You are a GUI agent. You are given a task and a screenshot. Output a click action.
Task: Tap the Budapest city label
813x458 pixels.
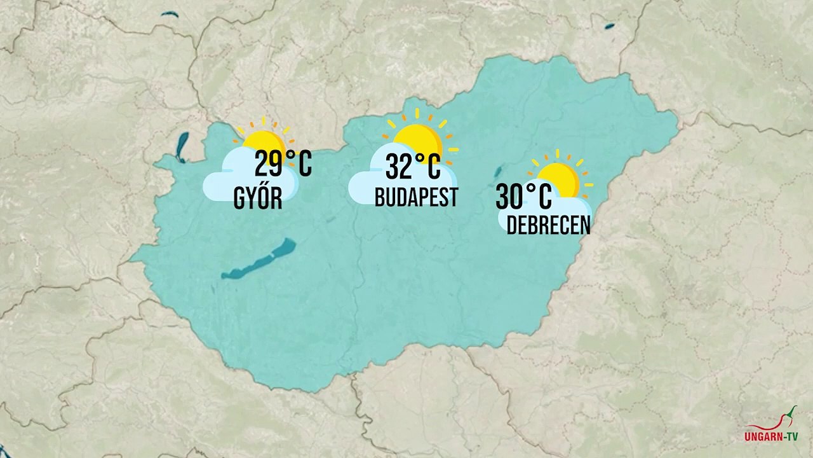416,198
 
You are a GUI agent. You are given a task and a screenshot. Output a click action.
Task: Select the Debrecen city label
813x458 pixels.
548,225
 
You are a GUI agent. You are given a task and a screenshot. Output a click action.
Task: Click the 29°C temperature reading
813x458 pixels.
283,164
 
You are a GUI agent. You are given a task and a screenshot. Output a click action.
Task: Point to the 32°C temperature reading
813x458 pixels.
413,167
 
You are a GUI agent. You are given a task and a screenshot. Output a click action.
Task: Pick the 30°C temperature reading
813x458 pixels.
523,197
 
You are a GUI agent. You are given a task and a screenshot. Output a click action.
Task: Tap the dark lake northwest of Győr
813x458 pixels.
183,146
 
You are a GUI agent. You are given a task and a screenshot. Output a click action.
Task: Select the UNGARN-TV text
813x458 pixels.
770,438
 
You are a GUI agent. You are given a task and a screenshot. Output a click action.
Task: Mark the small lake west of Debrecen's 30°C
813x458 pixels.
499,172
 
